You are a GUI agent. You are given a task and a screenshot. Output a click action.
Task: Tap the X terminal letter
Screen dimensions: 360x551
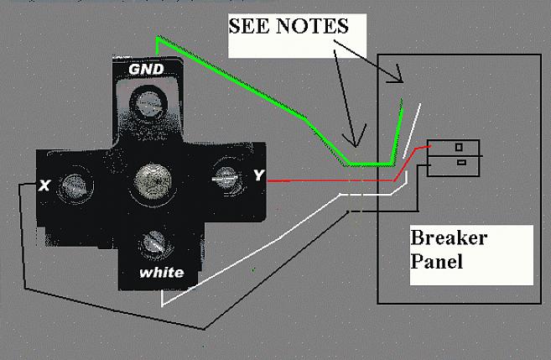coord(44,185)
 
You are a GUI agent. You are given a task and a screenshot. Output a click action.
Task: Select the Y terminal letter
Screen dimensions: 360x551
coord(257,176)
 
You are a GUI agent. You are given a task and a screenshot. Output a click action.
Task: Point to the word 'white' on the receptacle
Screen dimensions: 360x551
coord(163,273)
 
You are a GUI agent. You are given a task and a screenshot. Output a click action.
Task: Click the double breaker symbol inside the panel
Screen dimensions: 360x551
coord(454,156)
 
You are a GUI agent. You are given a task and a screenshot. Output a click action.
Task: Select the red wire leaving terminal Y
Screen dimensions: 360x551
coord(319,180)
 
